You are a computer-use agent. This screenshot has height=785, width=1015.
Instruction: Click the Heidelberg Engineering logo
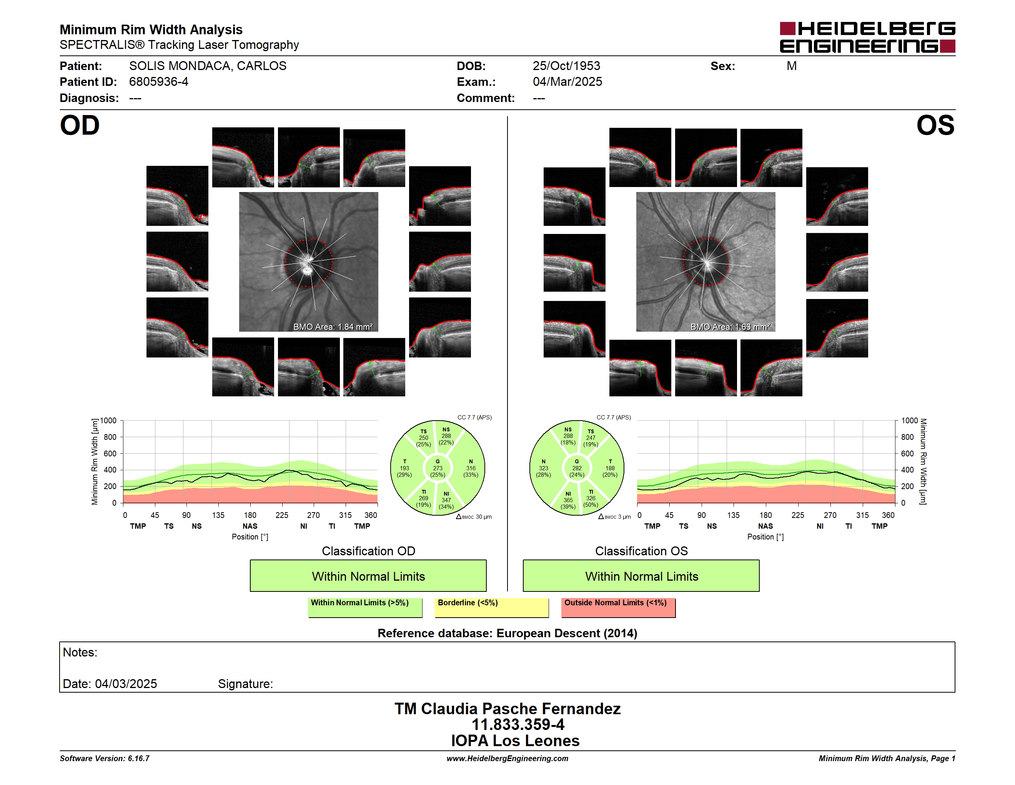click(x=867, y=37)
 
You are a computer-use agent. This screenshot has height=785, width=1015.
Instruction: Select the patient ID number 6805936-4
click(x=158, y=82)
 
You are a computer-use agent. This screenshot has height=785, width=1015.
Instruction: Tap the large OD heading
click(x=80, y=125)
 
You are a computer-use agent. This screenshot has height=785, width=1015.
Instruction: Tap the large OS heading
click(x=935, y=125)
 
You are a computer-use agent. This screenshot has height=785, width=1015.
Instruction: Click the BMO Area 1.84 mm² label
click(x=333, y=327)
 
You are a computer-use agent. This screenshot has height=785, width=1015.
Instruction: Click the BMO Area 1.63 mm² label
click(x=730, y=327)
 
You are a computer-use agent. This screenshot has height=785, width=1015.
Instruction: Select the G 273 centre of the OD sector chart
click(x=437, y=468)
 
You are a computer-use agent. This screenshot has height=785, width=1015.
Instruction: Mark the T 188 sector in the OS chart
click(x=610, y=468)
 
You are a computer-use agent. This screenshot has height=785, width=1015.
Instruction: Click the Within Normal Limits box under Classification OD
click(x=368, y=576)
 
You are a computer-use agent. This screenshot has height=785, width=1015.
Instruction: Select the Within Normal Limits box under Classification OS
click(x=641, y=576)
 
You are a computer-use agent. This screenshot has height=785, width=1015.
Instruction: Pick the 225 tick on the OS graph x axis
click(x=797, y=515)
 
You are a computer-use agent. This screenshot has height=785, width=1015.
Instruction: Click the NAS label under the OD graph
click(x=250, y=526)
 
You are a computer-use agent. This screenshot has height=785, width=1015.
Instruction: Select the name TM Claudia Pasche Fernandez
click(x=507, y=709)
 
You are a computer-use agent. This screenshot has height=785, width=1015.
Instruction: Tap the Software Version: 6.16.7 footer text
click(x=105, y=758)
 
